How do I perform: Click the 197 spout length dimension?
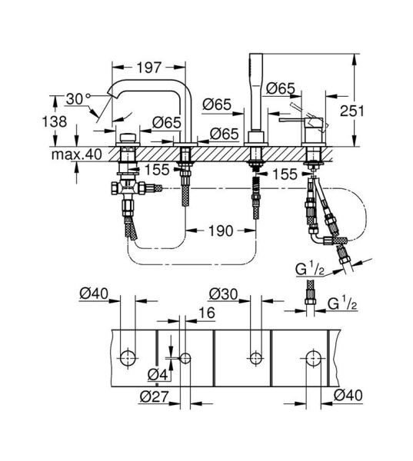click(149, 68)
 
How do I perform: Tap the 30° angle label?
click(78, 99)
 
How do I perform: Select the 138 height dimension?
click(55, 121)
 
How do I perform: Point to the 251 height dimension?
click(352, 111)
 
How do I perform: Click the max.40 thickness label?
click(77, 154)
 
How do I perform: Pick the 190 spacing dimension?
click(221, 230)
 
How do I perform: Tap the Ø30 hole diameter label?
click(224, 294)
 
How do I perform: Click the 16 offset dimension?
click(207, 313)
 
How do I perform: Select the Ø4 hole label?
click(158, 374)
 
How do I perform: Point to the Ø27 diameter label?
click(155, 397)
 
